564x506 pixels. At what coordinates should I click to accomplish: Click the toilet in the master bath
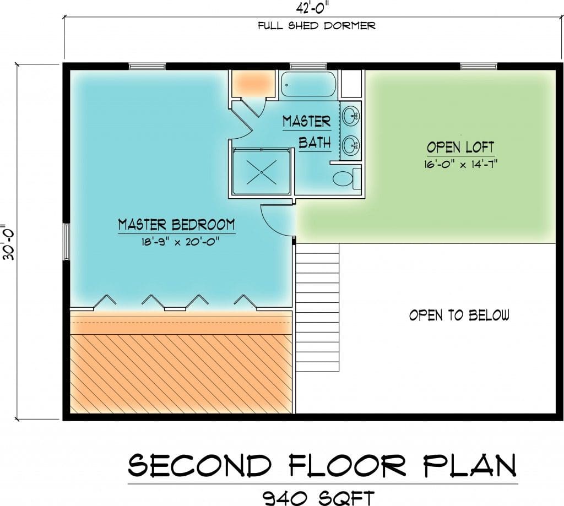[348, 178]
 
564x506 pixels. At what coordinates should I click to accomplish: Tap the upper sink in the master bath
[351, 116]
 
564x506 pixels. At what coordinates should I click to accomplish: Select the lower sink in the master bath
[351, 146]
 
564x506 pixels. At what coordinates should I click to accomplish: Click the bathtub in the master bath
[308, 84]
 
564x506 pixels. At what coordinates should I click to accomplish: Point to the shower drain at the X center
[262, 172]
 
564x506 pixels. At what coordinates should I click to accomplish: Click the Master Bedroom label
[177, 225]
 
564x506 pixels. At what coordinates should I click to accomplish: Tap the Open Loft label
[460, 148]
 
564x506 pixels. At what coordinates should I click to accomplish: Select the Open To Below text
[459, 315]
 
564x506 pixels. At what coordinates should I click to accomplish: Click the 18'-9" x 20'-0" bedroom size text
[180, 242]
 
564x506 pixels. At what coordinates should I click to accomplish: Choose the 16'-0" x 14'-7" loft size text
[460, 164]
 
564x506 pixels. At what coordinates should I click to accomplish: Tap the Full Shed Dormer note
[317, 26]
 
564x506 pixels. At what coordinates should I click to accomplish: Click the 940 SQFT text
[318, 498]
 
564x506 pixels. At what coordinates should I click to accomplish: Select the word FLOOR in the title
[348, 465]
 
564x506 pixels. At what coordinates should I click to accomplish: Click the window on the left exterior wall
[66, 242]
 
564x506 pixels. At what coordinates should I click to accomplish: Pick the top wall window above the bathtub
[308, 66]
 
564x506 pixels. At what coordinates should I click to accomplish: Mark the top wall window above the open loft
[479, 66]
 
